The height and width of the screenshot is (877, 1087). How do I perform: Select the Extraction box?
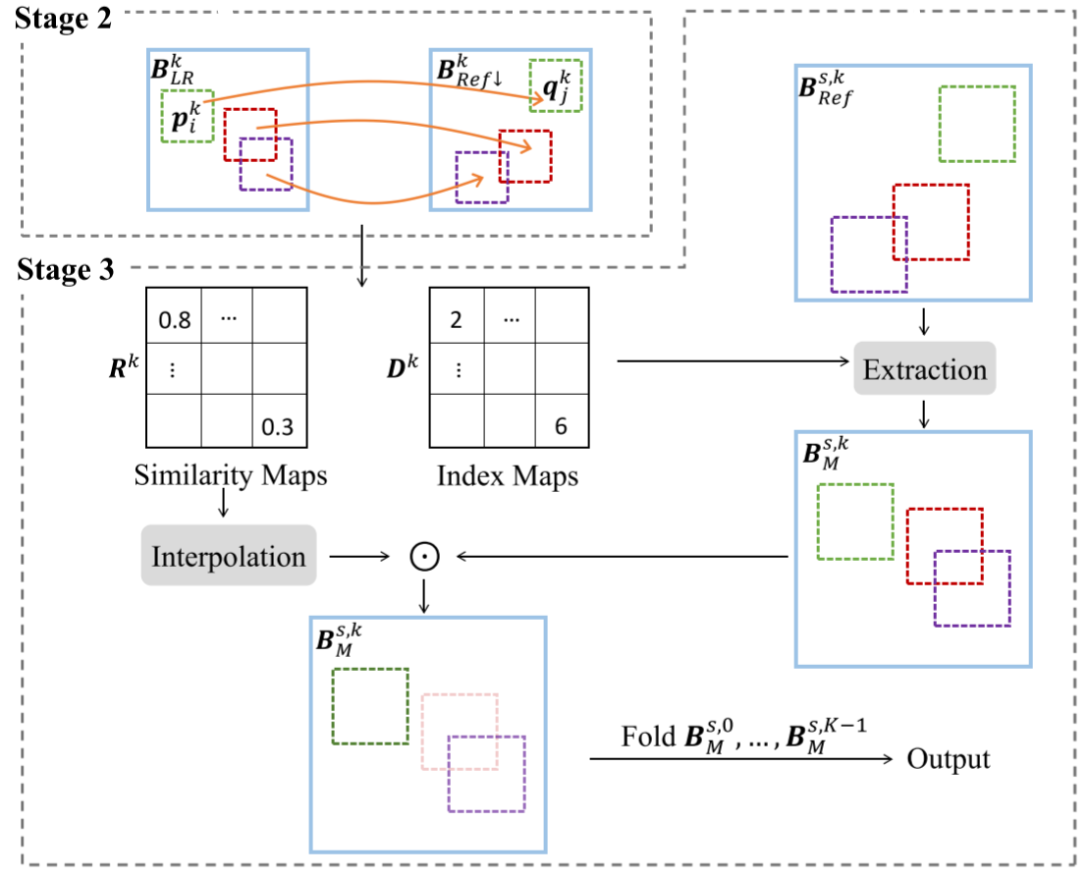(924, 369)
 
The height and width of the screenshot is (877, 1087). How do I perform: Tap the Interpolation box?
(229, 557)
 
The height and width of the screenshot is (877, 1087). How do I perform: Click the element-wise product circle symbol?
(424, 557)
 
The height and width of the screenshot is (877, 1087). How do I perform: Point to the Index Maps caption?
(508, 476)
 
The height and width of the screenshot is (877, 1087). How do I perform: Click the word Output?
(948, 759)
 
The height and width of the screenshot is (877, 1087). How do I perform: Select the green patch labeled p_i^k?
(187, 117)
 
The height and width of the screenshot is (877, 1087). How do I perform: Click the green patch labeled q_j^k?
(556, 84)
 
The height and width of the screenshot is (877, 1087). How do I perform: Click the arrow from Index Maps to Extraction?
(732, 362)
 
